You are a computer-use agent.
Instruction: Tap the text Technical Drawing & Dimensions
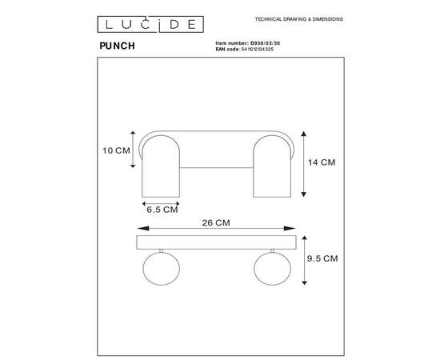point(299,18)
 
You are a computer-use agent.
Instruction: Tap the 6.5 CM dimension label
point(162,210)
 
